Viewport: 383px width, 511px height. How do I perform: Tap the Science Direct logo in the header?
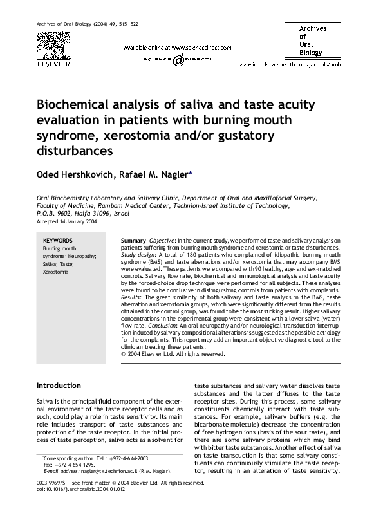[178, 59]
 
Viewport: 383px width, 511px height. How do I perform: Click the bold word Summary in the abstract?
[133, 240]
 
